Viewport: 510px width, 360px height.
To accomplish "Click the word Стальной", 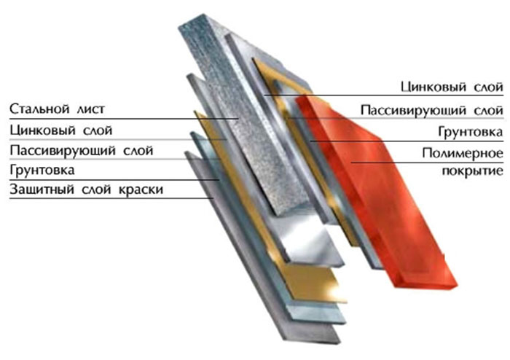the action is click(x=39, y=109).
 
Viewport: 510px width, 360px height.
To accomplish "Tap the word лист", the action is click(x=91, y=109).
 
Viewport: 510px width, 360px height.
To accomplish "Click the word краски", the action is click(x=141, y=189).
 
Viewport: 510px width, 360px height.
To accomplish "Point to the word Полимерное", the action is click(x=463, y=153).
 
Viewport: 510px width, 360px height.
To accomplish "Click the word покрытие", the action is click(x=472, y=171).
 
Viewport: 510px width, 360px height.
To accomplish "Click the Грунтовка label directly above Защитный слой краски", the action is click(x=42, y=170).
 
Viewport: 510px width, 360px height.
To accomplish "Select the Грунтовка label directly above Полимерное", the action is click(x=471, y=132).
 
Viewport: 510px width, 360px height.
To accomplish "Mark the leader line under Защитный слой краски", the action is click(x=111, y=198).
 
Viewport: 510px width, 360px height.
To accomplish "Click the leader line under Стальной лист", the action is click(x=124, y=119).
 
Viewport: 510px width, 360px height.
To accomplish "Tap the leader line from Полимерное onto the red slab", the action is click(x=428, y=162).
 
